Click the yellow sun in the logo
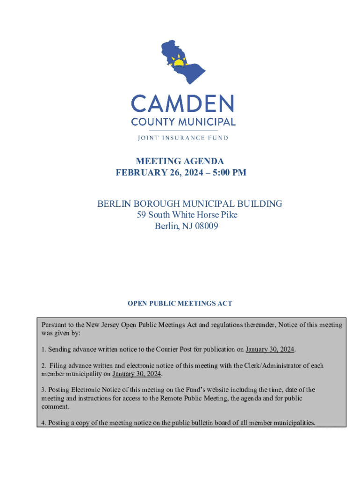point(179,62)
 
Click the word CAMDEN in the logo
point(183,103)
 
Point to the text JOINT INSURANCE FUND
point(183,138)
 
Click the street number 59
point(142,215)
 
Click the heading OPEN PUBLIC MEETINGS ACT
point(180,304)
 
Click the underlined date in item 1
point(270,349)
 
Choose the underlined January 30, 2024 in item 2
point(137,374)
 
